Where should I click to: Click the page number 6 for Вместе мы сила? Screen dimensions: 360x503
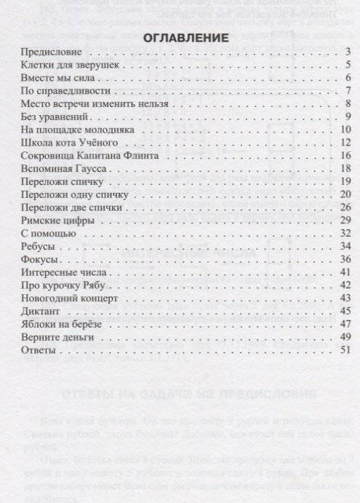(x=348, y=79)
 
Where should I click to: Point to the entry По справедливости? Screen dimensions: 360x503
(x=66, y=92)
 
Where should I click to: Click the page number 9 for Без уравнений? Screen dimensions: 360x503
(x=348, y=117)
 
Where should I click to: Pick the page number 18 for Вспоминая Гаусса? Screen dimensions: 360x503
(x=346, y=170)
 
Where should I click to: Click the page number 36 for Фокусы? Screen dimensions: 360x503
(x=346, y=260)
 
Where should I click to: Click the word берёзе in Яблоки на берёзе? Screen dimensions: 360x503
(x=95, y=324)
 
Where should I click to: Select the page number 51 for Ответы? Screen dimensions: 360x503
(x=346, y=350)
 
